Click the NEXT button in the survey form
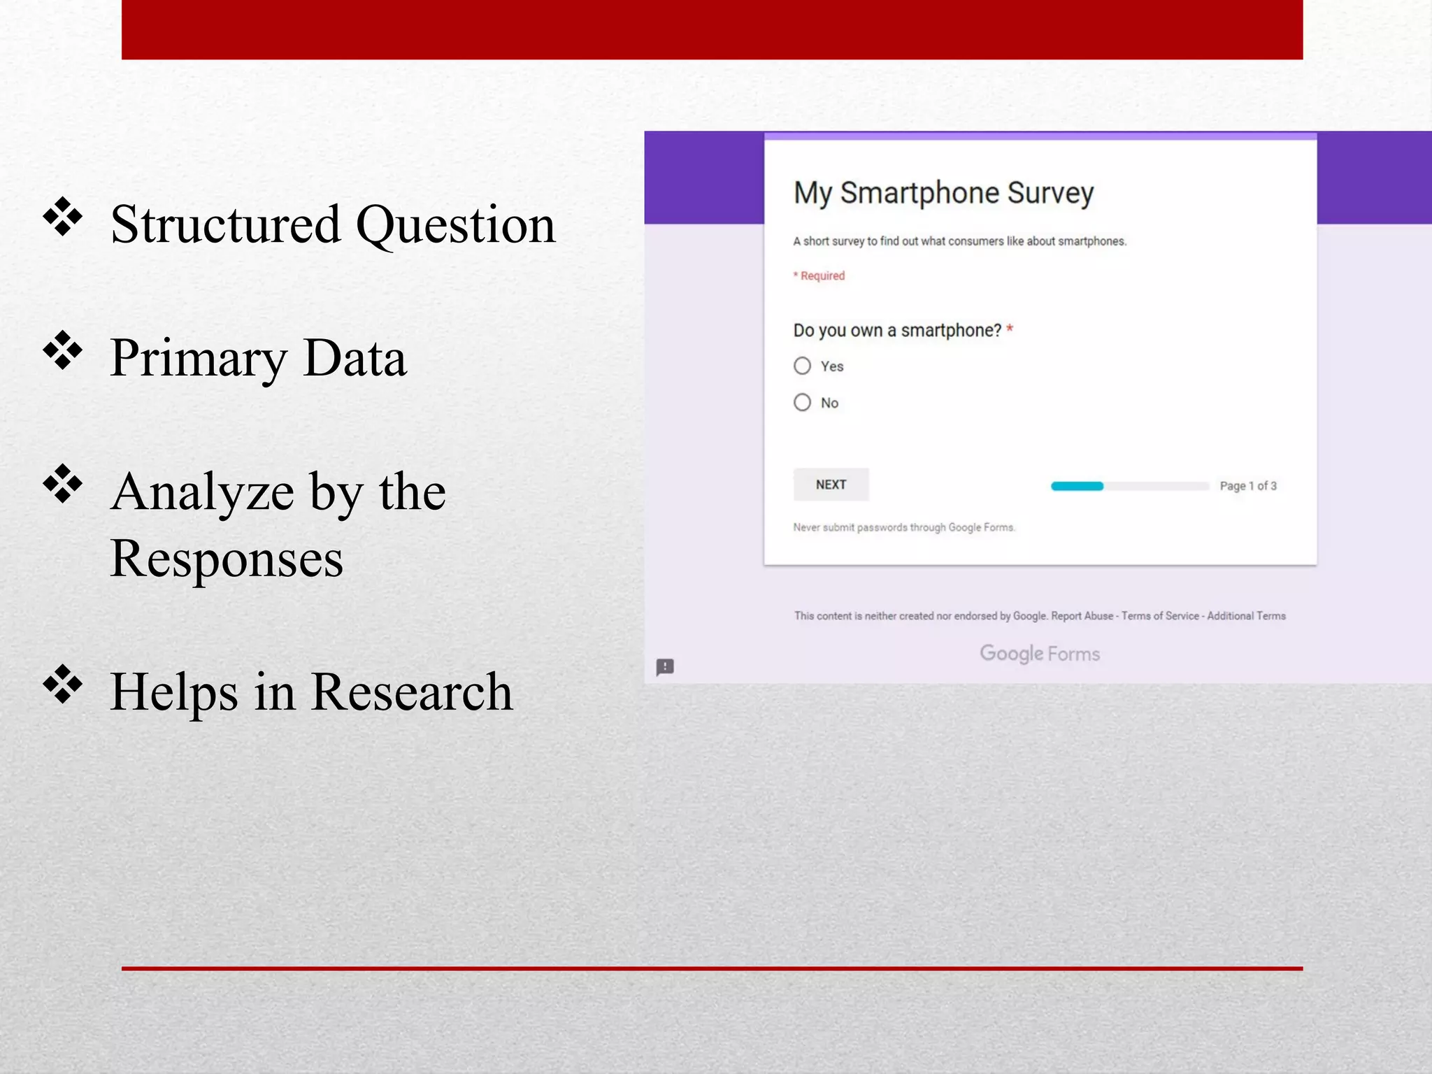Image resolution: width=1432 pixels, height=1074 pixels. click(x=831, y=485)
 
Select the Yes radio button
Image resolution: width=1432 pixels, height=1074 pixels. click(x=803, y=366)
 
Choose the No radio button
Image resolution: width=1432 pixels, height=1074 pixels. click(x=803, y=402)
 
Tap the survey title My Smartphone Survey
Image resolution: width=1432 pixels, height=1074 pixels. click(x=943, y=193)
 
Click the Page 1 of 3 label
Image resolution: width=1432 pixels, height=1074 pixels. click(x=1247, y=486)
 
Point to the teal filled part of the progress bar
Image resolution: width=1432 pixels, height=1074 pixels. click(x=1077, y=486)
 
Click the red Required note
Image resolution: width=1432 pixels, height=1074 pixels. click(x=819, y=275)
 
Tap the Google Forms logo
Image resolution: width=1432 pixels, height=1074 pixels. click(x=1039, y=653)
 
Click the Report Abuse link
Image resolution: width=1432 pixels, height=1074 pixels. click(x=1082, y=616)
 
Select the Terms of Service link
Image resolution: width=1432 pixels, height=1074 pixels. click(x=1160, y=616)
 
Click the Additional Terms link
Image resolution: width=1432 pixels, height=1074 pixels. click(x=1246, y=616)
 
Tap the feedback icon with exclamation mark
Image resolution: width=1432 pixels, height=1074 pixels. click(x=665, y=666)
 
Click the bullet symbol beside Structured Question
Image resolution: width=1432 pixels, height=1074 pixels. click(x=63, y=217)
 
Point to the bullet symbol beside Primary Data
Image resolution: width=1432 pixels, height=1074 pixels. click(x=63, y=350)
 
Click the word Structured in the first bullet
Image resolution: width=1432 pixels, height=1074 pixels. click(x=225, y=225)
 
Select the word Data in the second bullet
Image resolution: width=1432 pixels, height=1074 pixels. click(x=355, y=358)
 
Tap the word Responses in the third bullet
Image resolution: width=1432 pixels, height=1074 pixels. click(x=227, y=559)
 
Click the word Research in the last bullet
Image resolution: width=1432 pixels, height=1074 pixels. click(x=412, y=692)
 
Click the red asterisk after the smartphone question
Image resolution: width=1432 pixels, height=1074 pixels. click(x=1010, y=329)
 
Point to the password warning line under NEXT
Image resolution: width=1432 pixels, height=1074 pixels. click(x=903, y=527)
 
